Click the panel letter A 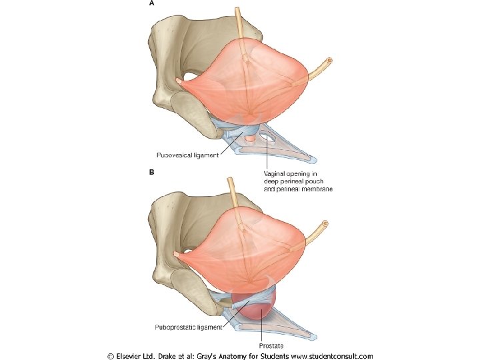point(151,3)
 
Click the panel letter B point(151,172)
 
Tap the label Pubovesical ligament point(187,155)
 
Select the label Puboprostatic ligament point(188,327)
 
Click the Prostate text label point(271,346)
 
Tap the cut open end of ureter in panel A point(329,60)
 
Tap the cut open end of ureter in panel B point(325,224)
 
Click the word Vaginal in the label point(274,174)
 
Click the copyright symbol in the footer point(111,356)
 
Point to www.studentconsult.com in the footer point(332,356)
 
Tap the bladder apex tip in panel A point(179,81)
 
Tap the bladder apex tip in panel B point(176,254)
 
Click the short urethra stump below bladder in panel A point(250,139)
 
